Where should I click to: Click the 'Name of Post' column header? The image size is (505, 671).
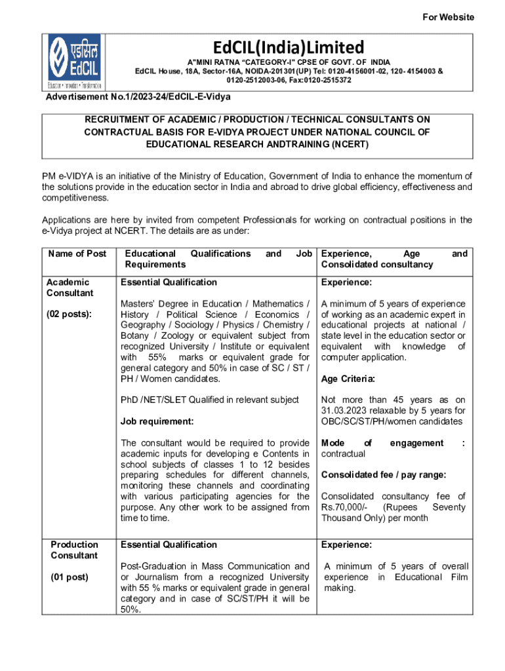[x=76, y=254]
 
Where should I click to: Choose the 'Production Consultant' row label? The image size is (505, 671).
[x=75, y=550]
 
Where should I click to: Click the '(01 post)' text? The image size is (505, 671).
[x=70, y=577]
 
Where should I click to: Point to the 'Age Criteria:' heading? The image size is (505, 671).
[x=348, y=379]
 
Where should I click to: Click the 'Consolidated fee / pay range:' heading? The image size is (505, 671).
[x=384, y=474]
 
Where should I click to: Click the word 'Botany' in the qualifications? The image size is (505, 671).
[x=134, y=335]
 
